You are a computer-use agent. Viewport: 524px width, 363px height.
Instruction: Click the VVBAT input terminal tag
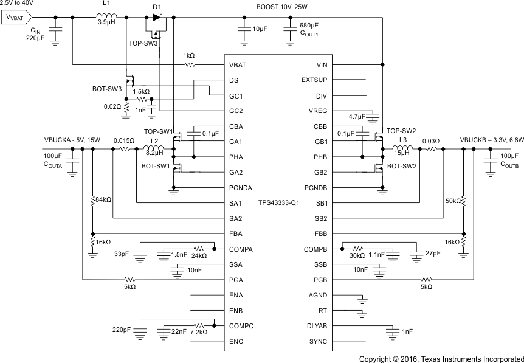17,17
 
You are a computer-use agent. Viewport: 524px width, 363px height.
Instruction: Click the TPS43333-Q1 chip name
278,202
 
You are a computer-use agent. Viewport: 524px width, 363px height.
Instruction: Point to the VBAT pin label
238,64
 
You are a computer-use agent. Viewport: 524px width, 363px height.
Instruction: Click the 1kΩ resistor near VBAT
190,64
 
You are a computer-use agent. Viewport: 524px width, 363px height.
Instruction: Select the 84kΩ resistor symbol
92,199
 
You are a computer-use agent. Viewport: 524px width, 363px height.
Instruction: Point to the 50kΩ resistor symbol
464,201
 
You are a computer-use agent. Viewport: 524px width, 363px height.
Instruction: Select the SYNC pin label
318,341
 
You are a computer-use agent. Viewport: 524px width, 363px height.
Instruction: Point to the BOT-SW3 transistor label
106,89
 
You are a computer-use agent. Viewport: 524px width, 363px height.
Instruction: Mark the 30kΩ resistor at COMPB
357,248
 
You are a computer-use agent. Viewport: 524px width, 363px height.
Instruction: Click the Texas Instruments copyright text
441,358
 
